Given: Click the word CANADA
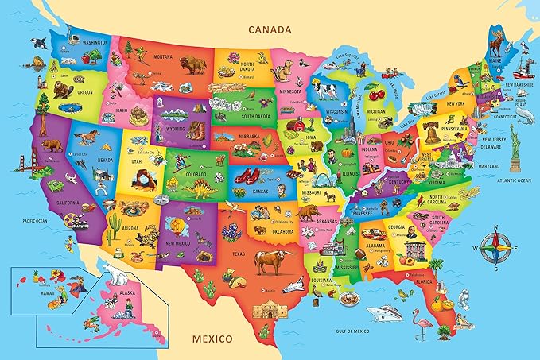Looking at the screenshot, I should click(270, 29).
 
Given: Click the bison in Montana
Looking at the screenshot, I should click(192, 65).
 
